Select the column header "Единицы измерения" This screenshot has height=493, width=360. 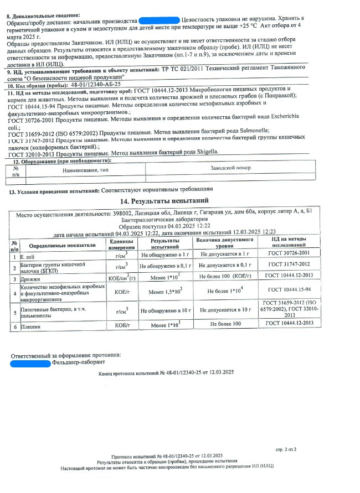[122, 244]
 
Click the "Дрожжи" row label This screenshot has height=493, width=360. [30, 279]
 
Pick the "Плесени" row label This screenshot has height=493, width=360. [31, 326]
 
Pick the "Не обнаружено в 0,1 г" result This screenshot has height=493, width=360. [164, 267]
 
